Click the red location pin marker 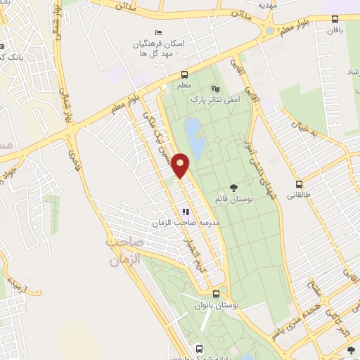[181, 165]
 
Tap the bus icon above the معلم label [184, 75]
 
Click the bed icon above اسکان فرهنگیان [158, 33]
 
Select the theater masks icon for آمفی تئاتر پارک [215, 89]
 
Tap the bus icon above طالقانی [300, 184]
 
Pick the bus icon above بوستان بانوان [216, 295]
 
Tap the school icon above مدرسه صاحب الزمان [186, 211]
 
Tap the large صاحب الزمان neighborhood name [124, 251]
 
